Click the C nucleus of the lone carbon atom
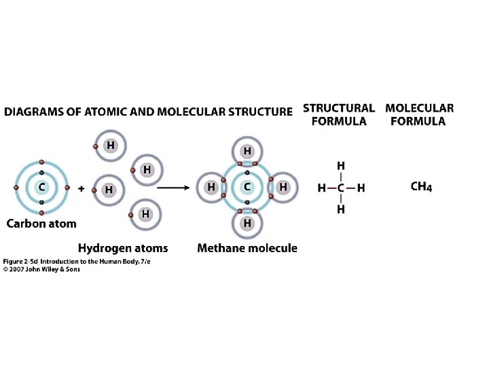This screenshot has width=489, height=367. coord(42,187)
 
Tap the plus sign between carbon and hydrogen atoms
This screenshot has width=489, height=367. coord(81,190)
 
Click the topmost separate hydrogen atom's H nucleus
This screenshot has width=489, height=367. coord(109,145)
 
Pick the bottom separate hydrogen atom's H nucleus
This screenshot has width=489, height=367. coord(145,214)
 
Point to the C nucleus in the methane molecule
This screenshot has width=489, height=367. coord(247,186)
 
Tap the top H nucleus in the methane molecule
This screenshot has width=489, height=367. coord(247,150)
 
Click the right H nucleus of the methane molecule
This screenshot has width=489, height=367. coord(283,186)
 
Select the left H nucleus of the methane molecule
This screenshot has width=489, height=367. coord(211,186)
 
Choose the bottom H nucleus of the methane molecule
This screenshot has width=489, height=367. coord(247,222)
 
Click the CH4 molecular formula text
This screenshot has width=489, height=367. coord(421,187)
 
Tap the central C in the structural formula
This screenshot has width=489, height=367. coord(341,188)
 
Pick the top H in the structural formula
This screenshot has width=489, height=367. coord(341,166)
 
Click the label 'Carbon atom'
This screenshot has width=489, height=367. coord(41,224)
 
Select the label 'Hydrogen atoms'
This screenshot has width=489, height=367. coord(123,248)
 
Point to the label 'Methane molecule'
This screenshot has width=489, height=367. coord(247,248)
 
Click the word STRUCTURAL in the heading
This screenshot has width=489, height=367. coord(338,107)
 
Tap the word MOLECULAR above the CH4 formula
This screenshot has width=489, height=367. coord(419,107)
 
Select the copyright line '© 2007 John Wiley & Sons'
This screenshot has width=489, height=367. coord(41,269)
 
